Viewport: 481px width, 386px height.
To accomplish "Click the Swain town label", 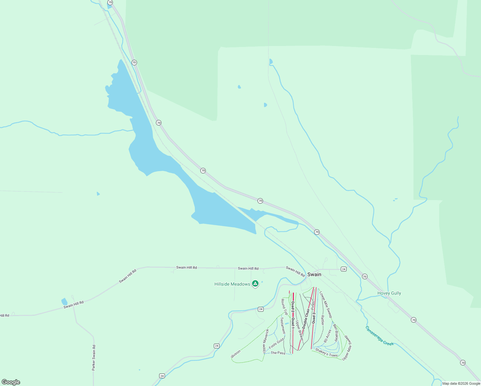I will pyautogui.click(x=314, y=274).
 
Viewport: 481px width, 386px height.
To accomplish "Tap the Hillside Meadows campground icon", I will pyautogui.click(x=255, y=283).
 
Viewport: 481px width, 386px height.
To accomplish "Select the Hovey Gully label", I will pyautogui.click(x=389, y=293).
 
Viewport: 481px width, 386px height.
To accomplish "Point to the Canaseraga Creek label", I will pyautogui.click(x=379, y=336).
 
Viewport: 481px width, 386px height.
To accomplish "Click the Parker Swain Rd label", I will pyautogui.click(x=94, y=358).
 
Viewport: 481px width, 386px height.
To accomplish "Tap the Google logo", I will pyautogui.click(x=11, y=382).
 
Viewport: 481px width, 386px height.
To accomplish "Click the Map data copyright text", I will pyautogui.click(x=461, y=383).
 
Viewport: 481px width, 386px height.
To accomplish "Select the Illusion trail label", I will pyautogui.click(x=236, y=354).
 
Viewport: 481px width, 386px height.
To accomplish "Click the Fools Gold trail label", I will pyautogui.click(x=276, y=343).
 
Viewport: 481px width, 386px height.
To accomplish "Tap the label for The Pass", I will pyautogui.click(x=278, y=353).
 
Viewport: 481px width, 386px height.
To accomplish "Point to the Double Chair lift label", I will pyautogui.click(x=306, y=318).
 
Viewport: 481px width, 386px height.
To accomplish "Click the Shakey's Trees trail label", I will pyautogui.click(x=326, y=353).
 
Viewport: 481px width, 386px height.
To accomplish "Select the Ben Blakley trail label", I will pyautogui.click(x=335, y=333).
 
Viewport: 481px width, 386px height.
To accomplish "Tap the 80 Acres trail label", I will pyautogui.click(x=327, y=336).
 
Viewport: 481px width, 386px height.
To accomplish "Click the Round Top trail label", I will pyautogui.click(x=284, y=307).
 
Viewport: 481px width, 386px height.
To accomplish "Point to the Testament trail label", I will pyautogui.click(x=283, y=326).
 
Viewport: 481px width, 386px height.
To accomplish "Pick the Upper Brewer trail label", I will pyautogui.click(x=299, y=331).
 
